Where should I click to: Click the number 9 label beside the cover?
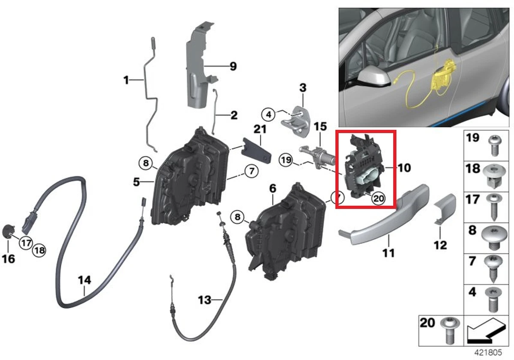(233, 66)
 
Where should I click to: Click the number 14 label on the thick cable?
(84, 280)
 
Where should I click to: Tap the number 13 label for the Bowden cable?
(205, 300)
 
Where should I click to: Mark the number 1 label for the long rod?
(126, 80)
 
